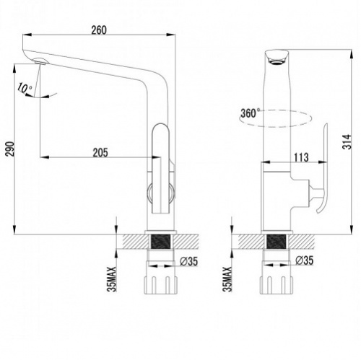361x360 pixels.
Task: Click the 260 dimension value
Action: click(x=99, y=30)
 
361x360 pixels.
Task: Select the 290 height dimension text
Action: click(x=10, y=149)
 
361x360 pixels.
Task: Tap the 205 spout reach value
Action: click(x=100, y=153)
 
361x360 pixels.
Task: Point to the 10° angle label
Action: click(x=25, y=88)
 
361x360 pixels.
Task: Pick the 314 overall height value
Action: click(x=347, y=141)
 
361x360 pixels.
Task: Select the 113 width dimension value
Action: click(x=301, y=157)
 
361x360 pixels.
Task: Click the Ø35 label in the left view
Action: click(x=188, y=261)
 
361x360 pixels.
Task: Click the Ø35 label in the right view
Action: click(x=305, y=260)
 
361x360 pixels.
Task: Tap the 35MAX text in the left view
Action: click(x=112, y=279)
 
